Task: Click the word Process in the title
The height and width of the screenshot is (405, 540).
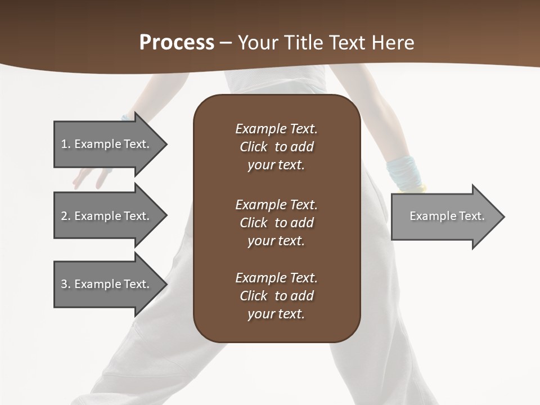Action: (x=177, y=43)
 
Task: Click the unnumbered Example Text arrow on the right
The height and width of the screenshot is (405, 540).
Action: (x=447, y=216)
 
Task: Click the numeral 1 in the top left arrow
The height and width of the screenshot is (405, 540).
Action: (x=64, y=144)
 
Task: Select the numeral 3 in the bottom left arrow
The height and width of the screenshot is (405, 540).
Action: (x=64, y=284)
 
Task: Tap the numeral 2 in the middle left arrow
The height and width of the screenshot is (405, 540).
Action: (x=64, y=216)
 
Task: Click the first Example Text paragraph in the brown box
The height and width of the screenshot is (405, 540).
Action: (x=276, y=147)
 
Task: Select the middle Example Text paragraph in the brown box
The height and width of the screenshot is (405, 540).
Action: (x=276, y=223)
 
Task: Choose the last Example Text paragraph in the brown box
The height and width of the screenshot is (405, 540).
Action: (x=276, y=296)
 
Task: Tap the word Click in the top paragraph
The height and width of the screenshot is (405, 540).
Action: (x=253, y=147)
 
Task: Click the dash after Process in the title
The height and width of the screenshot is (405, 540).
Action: (x=226, y=43)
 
